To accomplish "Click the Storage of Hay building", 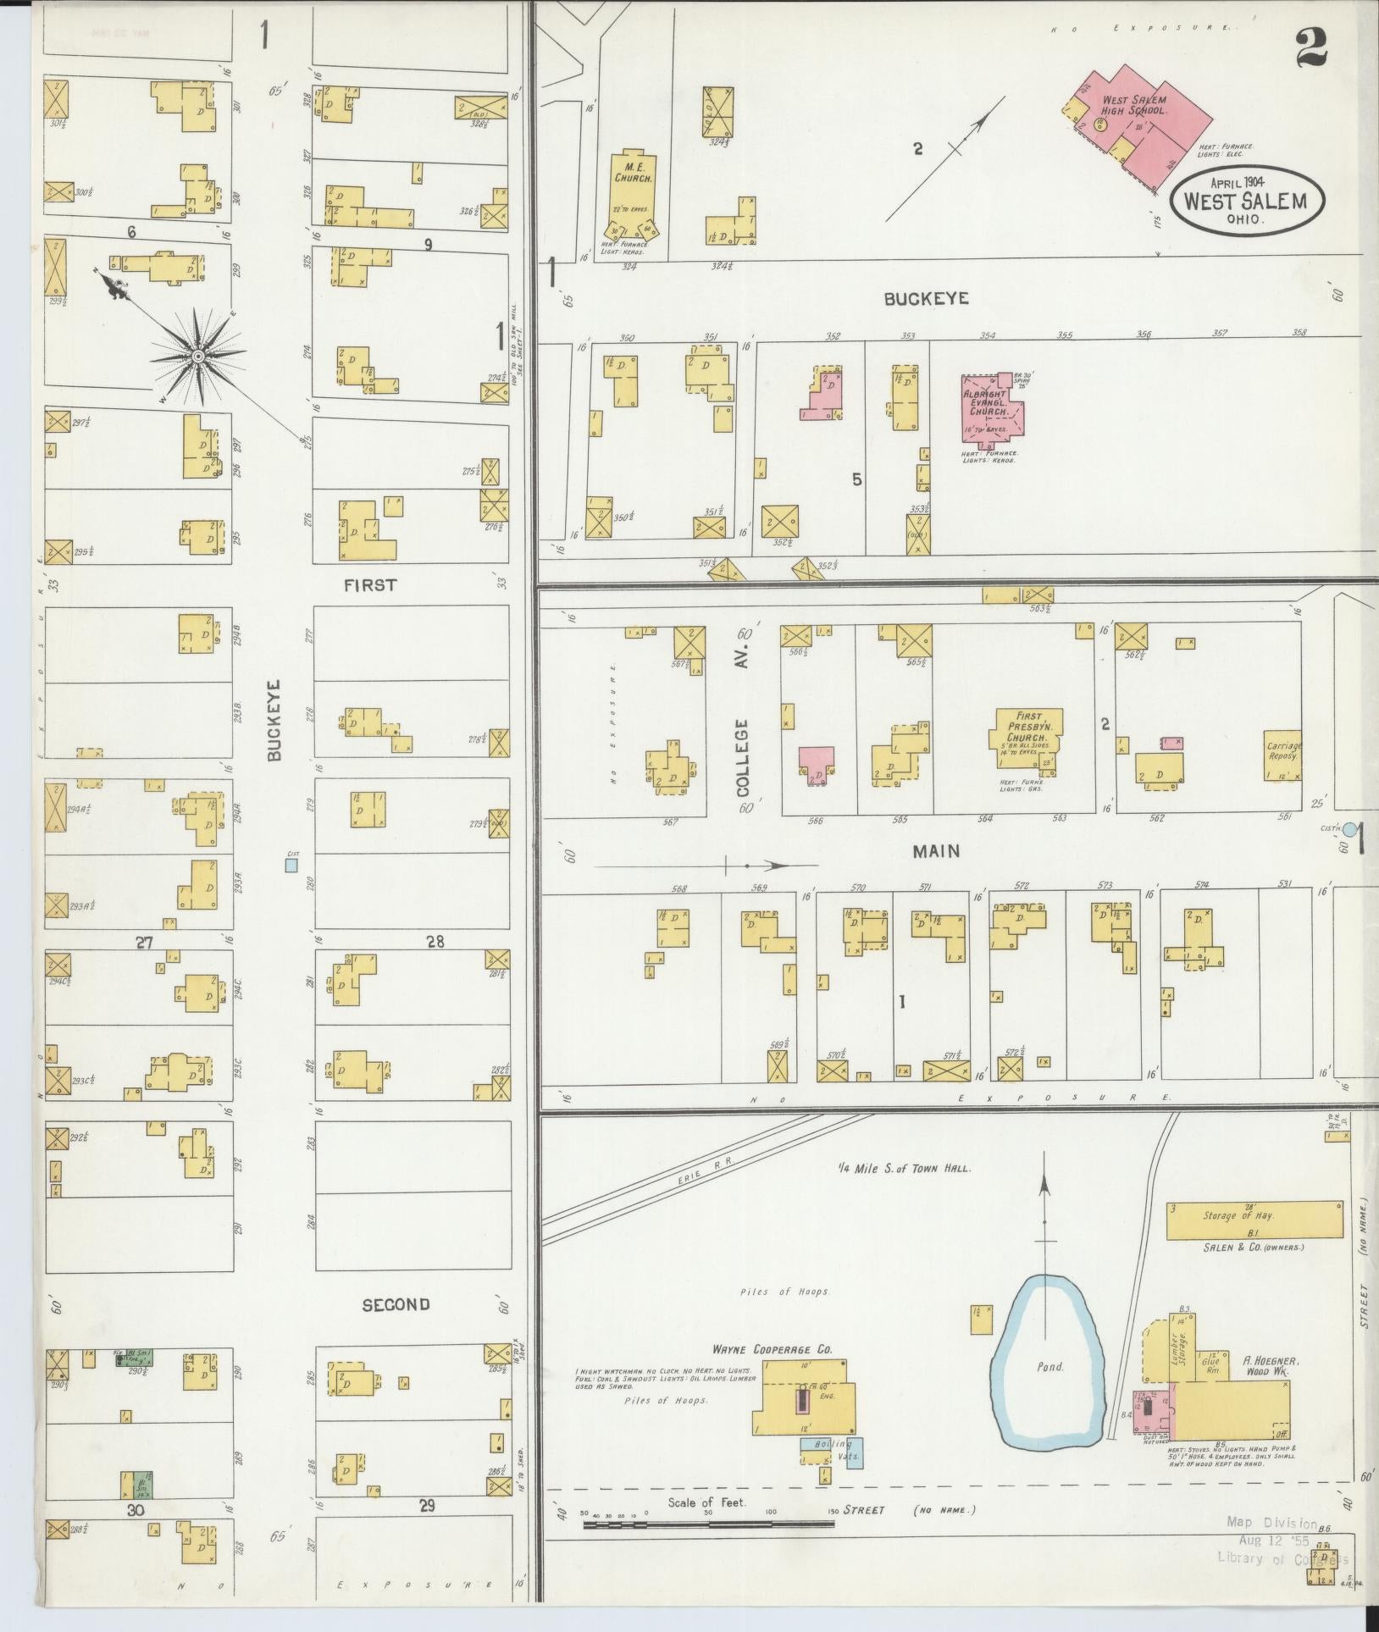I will click(1254, 1220).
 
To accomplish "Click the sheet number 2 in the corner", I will click(1310, 48).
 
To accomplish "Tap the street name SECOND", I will click(396, 1305).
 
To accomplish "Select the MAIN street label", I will click(935, 851).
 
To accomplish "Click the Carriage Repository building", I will click(1282, 757).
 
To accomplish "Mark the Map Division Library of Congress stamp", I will click(1283, 1540).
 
